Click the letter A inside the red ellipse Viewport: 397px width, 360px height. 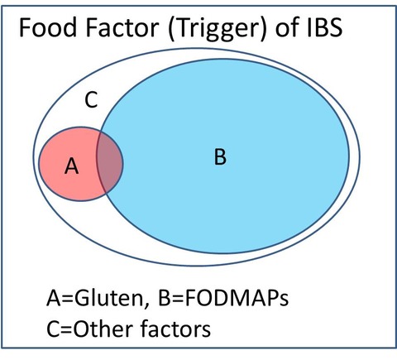pyautogui.click(x=71, y=166)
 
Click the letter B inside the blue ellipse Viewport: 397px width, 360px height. pyautogui.click(x=220, y=156)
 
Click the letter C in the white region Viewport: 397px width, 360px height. pyautogui.click(x=91, y=100)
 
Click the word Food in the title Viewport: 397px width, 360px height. pyautogui.click(x=48, y=27)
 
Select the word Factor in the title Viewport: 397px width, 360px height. pyautogui.click(x=122, y=27)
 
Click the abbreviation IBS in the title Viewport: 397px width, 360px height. pyautogui.click(x=325, y=27)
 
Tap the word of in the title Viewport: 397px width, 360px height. pyautogui.click(x=287, y=27)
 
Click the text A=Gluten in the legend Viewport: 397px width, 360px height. pyautogui.click(x=95, y=298)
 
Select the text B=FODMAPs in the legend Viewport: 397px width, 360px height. pyautogui.click(x=223, y=298)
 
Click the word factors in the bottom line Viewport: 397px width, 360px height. pyautogui.click(x=175, y=329)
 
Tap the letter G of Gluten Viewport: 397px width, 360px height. pyautogui.click(x=83, y=298)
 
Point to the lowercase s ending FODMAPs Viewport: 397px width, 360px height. pyautogui.click(x=283, y=300)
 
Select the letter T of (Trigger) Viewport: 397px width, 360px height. pyautogui.click(x=179, y=27)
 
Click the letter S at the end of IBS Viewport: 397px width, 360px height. pyautogui.click(x=336, y=27)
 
